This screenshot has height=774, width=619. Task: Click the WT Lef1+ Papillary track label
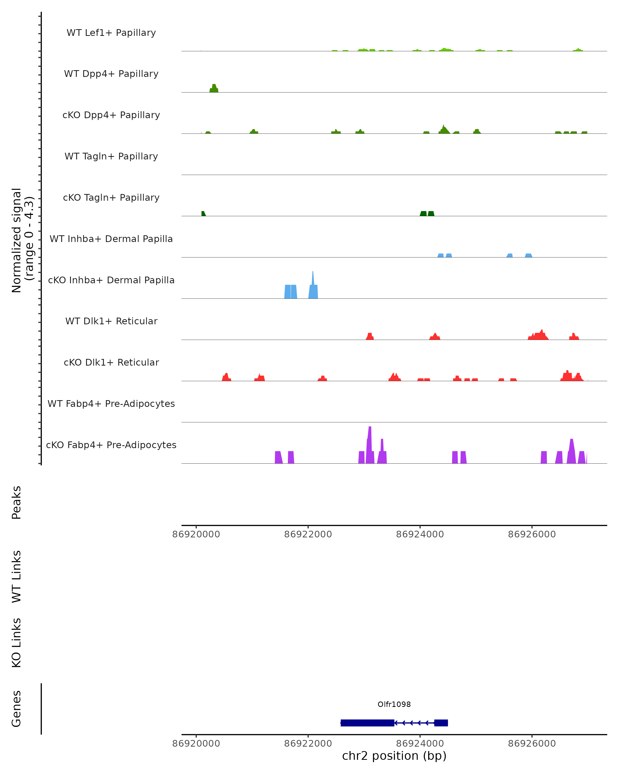pyautogui.click(x=111, y=33)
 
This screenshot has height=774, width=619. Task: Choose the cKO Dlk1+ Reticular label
pyautogui.click(x=111, y=362)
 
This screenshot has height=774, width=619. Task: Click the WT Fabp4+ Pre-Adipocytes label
pyautogui.click(x=111, y=404)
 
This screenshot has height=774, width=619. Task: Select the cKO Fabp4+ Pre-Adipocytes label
pyautogui.click(x=111, y=445)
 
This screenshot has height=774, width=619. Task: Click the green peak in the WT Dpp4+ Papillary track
pyautogui.click(x=214, y=88)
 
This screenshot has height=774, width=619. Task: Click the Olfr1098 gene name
pyautogui.click(x=394, y=704)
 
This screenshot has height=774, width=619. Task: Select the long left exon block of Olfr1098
pyautogui.click(x=368, y=723)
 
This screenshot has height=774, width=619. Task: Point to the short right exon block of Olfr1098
pyautogui.click(x=441, y=723)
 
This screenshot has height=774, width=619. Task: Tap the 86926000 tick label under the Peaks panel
pyautogui.click(x=532, y=534)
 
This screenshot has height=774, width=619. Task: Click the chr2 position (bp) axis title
pyautogui.click(x=394, y=756)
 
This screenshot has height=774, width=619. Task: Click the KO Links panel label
pyautogui.click(x=17, y=643)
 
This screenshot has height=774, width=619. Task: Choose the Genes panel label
pyautogui.click(x=17, y=709)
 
